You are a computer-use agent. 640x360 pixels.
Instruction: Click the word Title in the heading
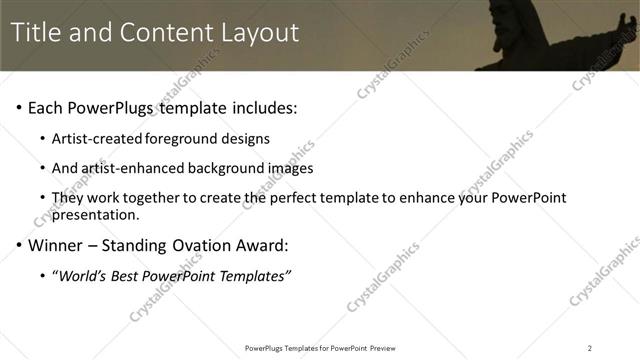click(x=37, y=32)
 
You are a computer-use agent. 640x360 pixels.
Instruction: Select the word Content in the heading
click(x=163, y=32)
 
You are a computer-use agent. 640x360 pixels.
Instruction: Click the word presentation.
click(x=93, y=215)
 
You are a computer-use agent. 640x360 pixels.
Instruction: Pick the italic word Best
click(x=128, y=275)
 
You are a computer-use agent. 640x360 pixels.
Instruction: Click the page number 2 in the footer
click(x=590, y=347)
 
